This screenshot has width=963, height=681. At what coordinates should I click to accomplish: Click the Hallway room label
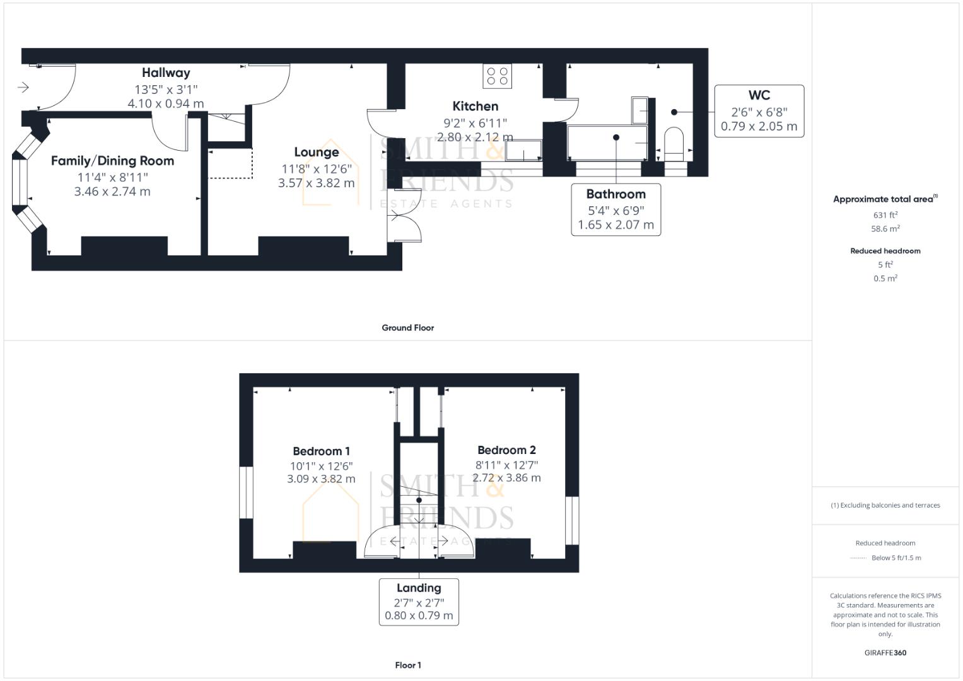tap(166, 73)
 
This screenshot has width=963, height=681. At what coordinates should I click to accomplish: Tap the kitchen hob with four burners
tap(498, 76)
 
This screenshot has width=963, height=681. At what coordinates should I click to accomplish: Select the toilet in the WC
tap(674, 141)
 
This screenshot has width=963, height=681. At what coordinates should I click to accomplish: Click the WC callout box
tap(759, 111)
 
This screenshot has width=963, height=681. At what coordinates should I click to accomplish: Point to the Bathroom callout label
tap(616, 194)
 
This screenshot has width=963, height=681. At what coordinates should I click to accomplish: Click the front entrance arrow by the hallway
tap(23, 87)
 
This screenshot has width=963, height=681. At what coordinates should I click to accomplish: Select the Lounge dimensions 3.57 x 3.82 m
tap(316, 183)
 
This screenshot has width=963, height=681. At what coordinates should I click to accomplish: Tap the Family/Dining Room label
tap(112, 161)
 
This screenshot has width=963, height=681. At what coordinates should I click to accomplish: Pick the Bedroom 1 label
tap(321, 451)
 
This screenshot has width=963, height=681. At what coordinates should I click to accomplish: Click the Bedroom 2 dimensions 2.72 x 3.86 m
tap(506, 477)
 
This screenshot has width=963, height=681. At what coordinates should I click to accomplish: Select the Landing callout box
tap(419, 602)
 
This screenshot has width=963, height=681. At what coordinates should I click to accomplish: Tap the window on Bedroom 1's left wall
tap(246, 492)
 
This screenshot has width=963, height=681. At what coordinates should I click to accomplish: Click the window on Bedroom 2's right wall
tap(572, 520)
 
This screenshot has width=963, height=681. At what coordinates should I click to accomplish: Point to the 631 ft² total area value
tap(885, 215)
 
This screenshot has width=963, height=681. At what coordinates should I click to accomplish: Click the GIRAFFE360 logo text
tap(885, 653)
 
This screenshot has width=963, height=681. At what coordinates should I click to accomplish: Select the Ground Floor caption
tap(407, 328)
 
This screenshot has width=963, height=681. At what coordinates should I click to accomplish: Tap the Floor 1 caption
tap(407, 665)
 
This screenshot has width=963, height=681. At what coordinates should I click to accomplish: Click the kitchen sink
tap(523, 151)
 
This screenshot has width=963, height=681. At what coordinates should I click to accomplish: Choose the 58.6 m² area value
tap(885, 229)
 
